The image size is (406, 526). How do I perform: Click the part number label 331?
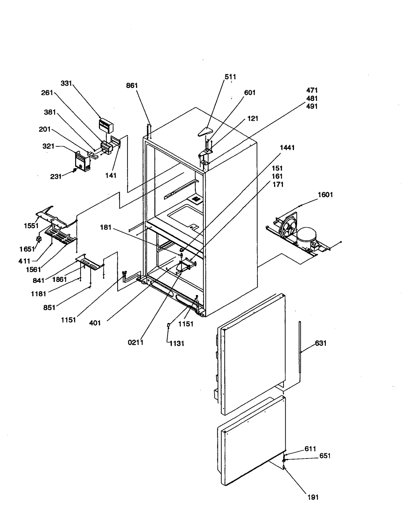tap(66, 83)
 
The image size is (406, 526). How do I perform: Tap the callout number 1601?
tap(325, 195)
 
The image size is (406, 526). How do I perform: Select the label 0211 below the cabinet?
tap(136, 342)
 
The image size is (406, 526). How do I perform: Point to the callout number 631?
tap(320, 343)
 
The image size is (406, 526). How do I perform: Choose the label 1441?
tap(287, 148)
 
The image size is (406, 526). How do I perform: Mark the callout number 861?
tap(132, 85)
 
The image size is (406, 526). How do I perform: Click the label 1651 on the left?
tap(27, 249)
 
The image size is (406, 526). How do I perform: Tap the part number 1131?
tap(177, 343)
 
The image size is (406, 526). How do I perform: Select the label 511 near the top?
tap(230, 77)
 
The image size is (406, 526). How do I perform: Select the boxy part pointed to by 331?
tap(106, 125)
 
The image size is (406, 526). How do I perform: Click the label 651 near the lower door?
tap(325, 456)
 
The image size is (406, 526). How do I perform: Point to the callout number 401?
tap(95, 323)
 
